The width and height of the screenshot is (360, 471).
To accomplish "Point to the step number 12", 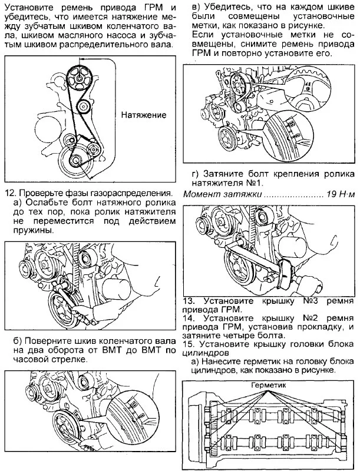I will [x=11, y=193].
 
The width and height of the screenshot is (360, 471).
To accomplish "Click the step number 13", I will [x=190, y=300].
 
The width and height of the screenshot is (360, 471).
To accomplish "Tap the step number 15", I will [x=190, y=343].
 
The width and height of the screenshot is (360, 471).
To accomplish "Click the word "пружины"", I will [x=28, y=230].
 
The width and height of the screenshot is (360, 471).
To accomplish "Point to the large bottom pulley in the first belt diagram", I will [x=76, y=162].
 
